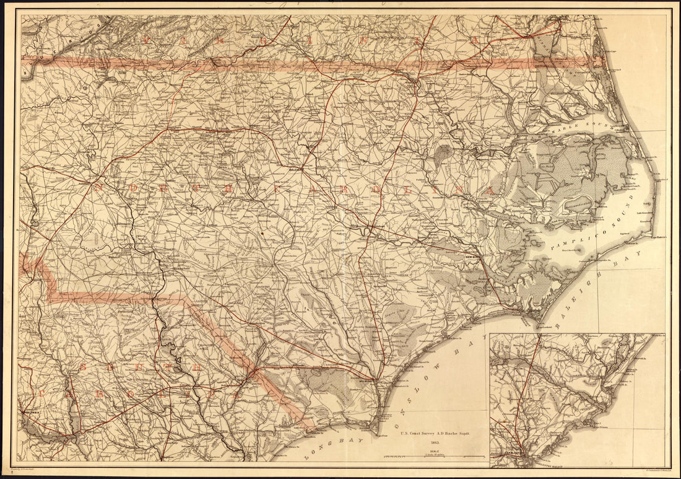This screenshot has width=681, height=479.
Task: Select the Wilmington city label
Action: pyautogui.click(x=367, y=381)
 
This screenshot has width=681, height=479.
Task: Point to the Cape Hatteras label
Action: pyautogui.click(x=661, y=236)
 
